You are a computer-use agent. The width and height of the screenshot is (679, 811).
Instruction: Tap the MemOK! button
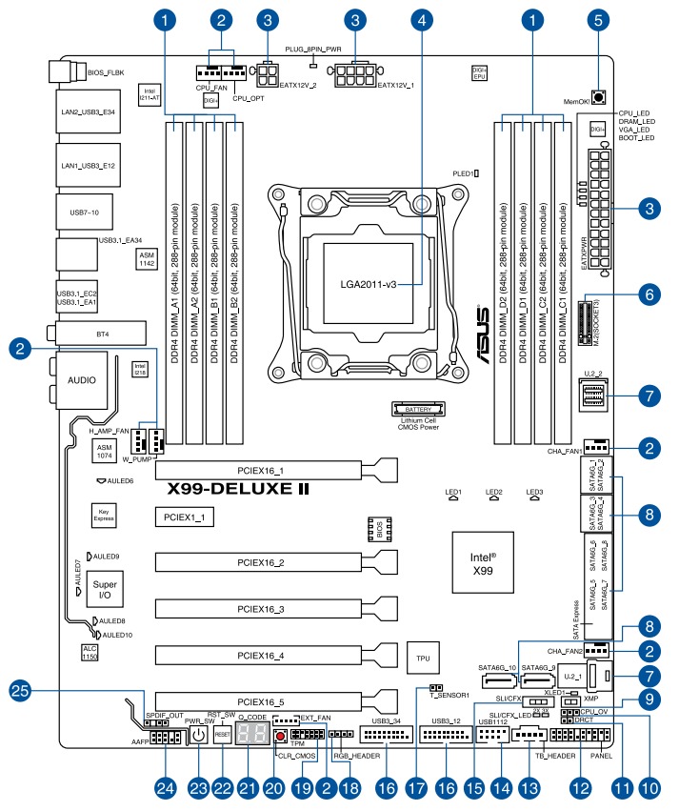599,96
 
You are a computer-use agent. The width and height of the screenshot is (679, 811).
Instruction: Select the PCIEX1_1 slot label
184,517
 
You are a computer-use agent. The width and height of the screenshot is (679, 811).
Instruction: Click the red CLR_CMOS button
281,737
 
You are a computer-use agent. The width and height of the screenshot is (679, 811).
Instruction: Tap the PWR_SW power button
198,735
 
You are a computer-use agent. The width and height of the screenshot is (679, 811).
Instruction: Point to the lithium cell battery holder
418,409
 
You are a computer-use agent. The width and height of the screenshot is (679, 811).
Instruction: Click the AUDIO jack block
81,378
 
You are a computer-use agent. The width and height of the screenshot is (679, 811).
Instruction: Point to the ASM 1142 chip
146,259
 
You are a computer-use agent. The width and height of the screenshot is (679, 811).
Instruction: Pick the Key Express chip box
103,516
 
